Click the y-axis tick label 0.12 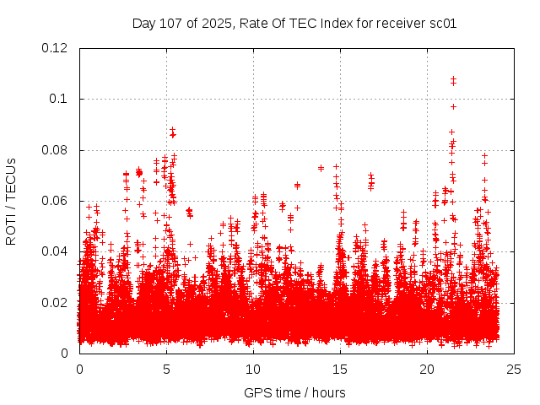click(x=56, y=48)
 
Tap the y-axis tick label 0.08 click(x=56, y=150)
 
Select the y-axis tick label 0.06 click(x=56, y=201)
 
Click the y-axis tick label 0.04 click(x=56, y=251)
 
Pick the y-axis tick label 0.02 click(x=56, y=302)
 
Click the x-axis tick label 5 click(x=166, y=369)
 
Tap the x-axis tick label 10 click(x=253, y=369)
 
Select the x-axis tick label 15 click(x=340, y=369)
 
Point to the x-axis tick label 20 click(x=427, y=369)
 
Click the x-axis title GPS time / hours click(x=294, y=392)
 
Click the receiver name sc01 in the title click(x=442, y=23)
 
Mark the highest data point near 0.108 click(x=453, y=79)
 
